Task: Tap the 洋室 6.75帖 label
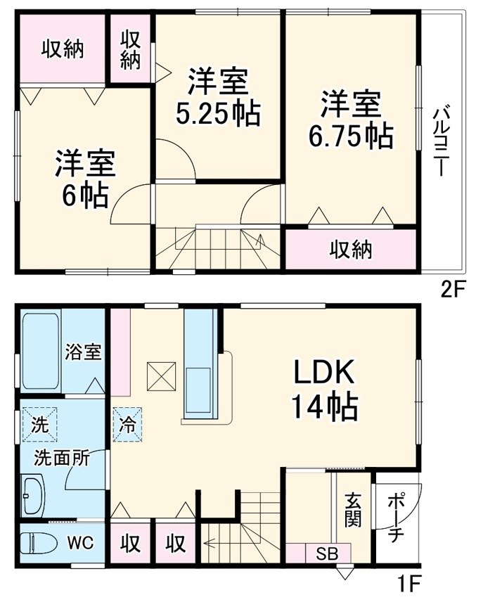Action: pyautogui.click(x=351, y=120)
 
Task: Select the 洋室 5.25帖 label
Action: pyautogui.click(x=217, y=98)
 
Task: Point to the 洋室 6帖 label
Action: pyautogui.click(x=84, y=179)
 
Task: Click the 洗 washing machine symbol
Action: pyautogui.click(x=39, y=425)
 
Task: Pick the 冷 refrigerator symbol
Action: pyautogui.click(x=128, y=425)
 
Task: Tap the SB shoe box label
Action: pyautogui.click(x=325, y=553)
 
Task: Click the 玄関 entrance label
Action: pyautogui.click(x=352, y=509)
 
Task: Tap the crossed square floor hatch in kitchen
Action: pyautogui.click(x=160, y=376)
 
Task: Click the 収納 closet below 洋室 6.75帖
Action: pyautogui.click(x=351, y=249)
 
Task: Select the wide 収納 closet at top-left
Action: pyautogui.click(x=62, y=49)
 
